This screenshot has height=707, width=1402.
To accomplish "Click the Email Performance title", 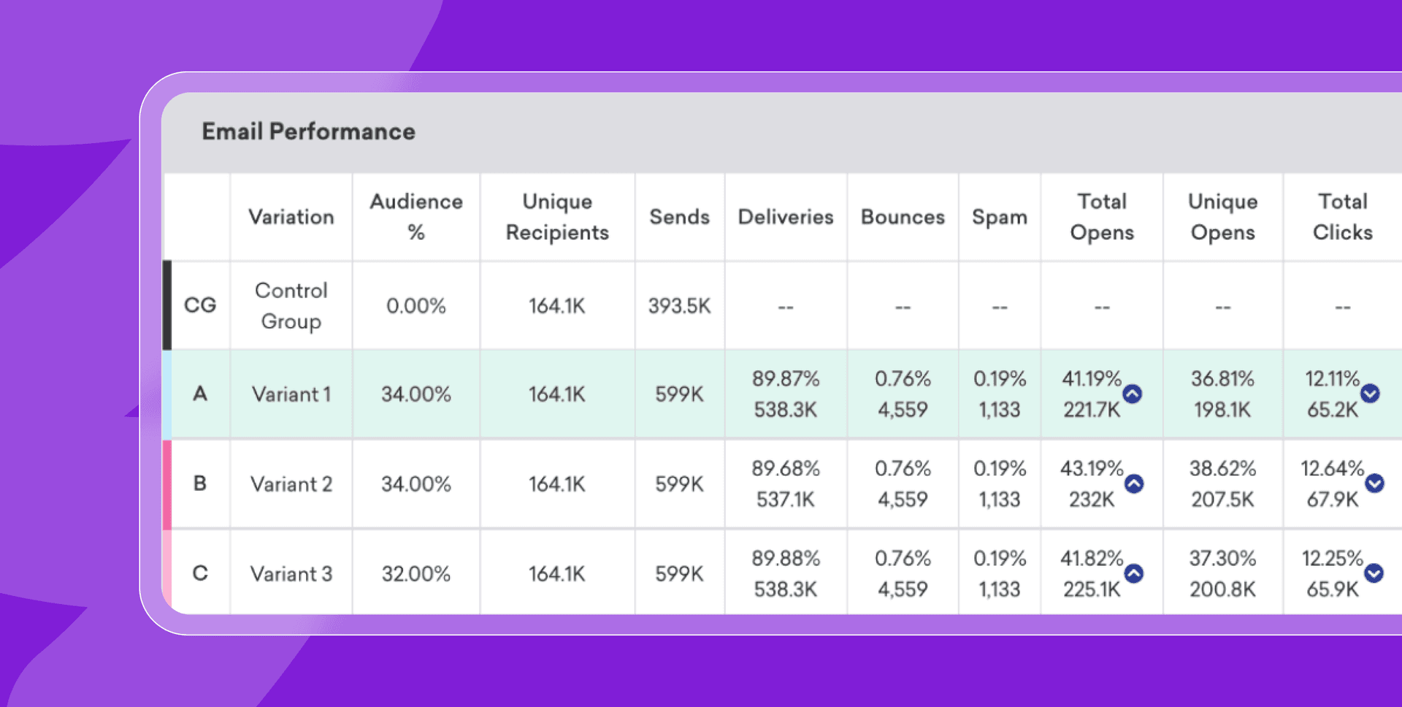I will (x=308, y=131).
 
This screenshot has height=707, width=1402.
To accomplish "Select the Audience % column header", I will (x=415, y=217).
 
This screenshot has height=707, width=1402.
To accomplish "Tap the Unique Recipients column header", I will (x=557, y=217).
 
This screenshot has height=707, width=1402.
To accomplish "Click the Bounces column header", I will (x=903, y=217).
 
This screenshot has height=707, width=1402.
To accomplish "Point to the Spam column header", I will (x=999, y=217).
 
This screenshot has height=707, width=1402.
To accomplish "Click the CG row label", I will (x=199, y=305).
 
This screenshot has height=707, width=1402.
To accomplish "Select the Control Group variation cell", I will (x=291, y=305).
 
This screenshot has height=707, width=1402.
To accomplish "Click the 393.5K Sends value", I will (x=679, y=305).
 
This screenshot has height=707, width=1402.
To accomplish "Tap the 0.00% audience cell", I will (x=415, y=305).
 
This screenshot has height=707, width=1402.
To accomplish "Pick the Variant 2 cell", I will (x=291, y=484).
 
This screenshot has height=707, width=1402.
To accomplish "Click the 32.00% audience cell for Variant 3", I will (x=415, y=574).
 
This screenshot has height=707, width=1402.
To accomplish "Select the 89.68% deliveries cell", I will (x=786, y=484).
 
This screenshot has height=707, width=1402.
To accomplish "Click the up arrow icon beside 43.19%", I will (x=1134, y=484).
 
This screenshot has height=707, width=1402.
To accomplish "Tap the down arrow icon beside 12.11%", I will (x=1370, y=394).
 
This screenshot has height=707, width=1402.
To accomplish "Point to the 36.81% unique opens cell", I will (x=1222, y=394).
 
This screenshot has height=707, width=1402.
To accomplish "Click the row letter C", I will (x=199, y=573).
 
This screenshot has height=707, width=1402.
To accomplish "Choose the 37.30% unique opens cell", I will (x=1222, y=574).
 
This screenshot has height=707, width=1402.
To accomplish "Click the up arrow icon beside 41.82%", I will (x=1134, y=573).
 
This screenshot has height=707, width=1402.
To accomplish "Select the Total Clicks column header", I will (x=1342, y=217).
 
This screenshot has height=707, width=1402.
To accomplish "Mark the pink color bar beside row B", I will (x=166, y=484).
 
